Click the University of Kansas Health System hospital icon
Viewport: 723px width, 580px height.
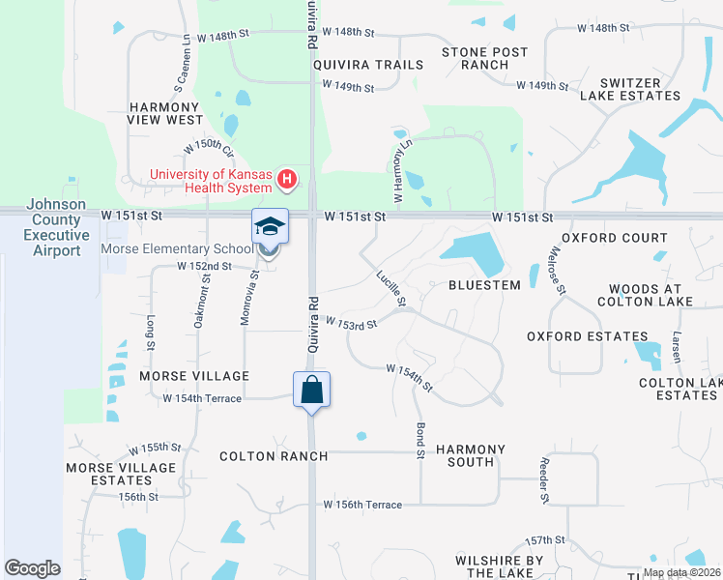(286, 179)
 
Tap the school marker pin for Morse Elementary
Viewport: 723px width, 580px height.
(270, 227)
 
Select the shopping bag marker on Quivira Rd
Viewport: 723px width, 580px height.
(311, 391)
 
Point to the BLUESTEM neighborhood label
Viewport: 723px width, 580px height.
(484, 285)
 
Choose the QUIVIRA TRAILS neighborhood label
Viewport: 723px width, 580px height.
(368, 65)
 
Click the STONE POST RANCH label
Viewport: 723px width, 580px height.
(484, 58)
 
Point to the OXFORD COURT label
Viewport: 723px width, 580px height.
(615, 238)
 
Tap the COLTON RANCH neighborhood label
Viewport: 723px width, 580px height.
(274, 456)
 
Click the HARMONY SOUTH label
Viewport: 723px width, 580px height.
(471, 455)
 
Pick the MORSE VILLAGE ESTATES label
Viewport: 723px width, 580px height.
(107, 474)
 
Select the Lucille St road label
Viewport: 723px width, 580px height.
(391, 289)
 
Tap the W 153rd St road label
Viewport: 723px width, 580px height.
(350, 323)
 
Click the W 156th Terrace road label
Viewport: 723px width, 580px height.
(362, 505)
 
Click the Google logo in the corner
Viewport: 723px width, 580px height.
(32, 568)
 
